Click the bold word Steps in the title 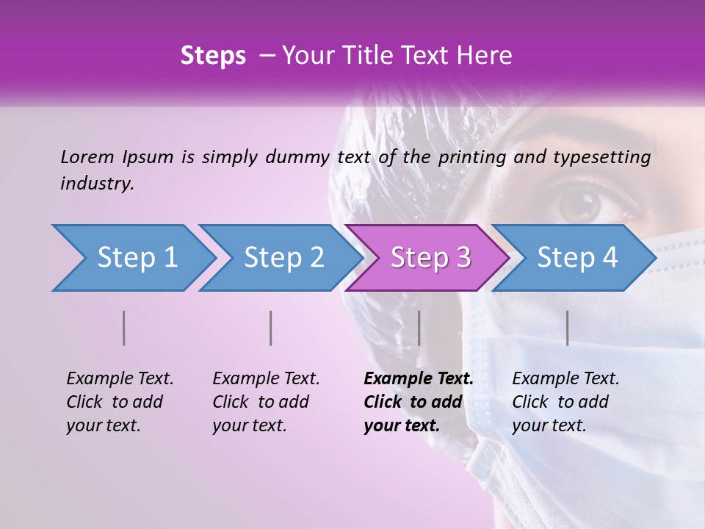tap(213, 56)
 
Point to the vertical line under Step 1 tap(124, 328)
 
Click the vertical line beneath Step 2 tap(271, 328)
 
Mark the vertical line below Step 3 tap(419, 328)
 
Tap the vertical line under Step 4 tap(568, 328)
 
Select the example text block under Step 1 tap(119, 402)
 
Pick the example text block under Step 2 tap(265, 402)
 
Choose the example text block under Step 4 tap(565, 402)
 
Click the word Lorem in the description tap(87, 156)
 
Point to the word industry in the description tap(96, 184)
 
